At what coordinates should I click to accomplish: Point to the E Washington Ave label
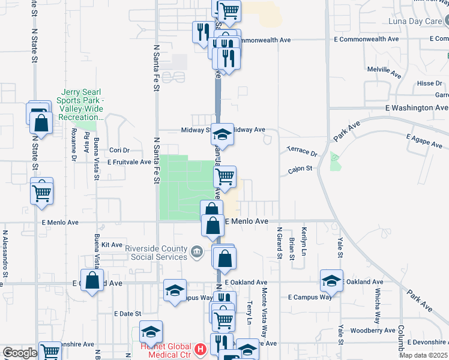point(417,108)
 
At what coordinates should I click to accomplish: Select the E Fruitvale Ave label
point(129,162)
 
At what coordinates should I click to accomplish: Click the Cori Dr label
point(116,151)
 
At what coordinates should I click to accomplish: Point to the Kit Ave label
point(112,245)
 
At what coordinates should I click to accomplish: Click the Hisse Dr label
point(429,83)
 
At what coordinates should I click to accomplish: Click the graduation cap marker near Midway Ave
point(222,134)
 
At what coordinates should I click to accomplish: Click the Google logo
point(20,352)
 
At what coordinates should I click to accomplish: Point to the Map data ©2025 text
point(423,355)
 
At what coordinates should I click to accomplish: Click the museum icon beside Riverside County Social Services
point(196,251)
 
